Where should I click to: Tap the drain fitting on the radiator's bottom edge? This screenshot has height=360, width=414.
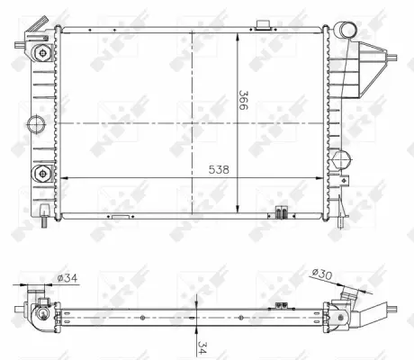click(x=281, y=213)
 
